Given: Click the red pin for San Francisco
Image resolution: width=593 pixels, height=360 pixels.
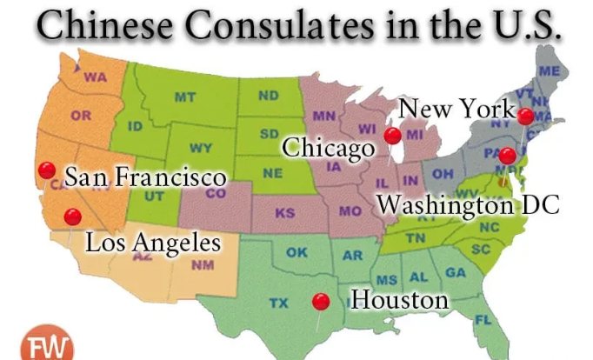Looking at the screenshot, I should (47, 170).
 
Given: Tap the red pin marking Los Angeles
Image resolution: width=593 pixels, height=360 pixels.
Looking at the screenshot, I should (73, 217).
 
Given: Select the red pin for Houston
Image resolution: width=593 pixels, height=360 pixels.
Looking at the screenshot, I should (321, 301).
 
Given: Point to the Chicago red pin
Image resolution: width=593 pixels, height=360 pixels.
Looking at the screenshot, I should (393, 136).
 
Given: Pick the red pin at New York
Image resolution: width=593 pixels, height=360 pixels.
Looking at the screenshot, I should (526, 117).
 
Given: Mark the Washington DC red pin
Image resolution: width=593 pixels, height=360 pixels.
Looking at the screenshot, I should (508, 157).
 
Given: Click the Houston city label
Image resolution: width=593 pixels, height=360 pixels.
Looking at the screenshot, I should (399, 301).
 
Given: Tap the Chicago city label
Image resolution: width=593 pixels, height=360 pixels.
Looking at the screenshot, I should (327, 148).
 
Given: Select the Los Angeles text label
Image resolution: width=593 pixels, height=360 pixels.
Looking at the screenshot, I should (152, 242).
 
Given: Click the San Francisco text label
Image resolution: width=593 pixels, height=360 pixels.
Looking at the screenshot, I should (145, 178).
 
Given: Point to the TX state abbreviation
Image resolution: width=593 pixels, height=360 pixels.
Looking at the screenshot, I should (278, 303).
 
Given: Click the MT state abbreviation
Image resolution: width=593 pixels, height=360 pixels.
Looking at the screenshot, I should (184, 97).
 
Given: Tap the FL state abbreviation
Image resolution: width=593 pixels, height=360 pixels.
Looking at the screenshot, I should (483, 319).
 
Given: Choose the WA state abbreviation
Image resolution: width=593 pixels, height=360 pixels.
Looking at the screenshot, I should (95, 77).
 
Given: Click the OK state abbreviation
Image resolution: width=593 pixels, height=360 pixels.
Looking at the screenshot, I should (296, 253).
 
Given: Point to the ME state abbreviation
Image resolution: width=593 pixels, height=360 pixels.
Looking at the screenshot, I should (550, 70).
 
